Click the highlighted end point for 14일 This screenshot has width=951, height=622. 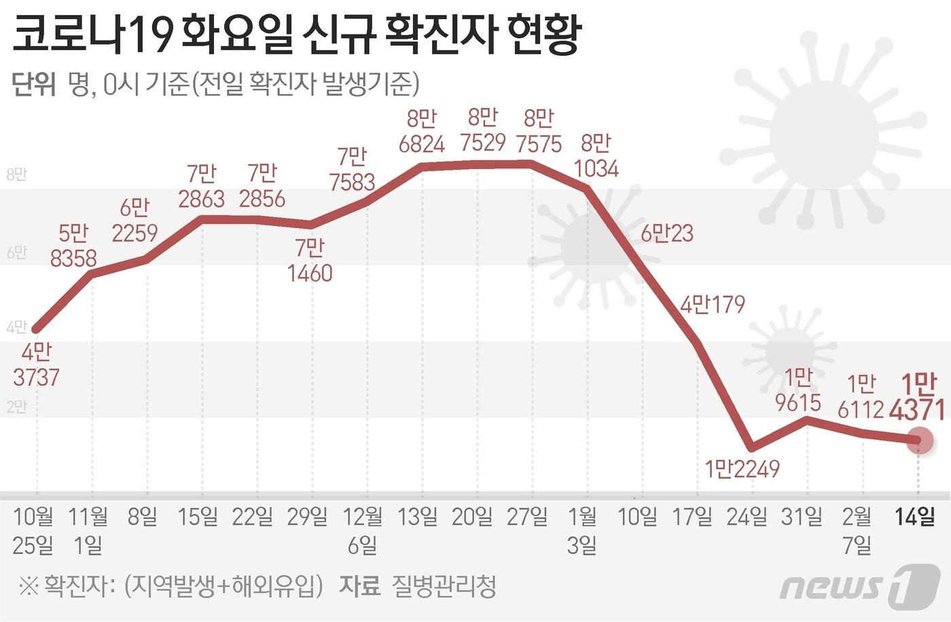920,440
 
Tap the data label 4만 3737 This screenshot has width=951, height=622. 37,365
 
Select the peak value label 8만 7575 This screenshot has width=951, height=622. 539,131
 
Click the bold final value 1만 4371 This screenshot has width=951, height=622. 921,398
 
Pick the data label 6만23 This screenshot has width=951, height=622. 667,234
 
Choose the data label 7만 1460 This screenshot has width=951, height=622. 310,261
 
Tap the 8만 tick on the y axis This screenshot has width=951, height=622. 16,175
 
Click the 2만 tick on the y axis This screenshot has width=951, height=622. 16,407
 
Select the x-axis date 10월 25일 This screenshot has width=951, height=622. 33,530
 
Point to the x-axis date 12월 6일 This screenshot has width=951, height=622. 363,530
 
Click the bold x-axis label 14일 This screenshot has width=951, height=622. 914,517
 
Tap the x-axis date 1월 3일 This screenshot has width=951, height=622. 582,530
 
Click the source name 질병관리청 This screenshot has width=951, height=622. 444,586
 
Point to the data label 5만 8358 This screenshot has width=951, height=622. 73,246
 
